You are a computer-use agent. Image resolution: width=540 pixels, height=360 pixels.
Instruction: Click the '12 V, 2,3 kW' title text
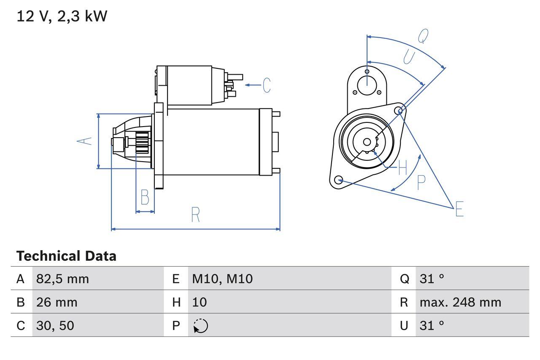click(x=62, y=16)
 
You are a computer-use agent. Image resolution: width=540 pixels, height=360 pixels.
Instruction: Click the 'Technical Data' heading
click(x=66, y=256)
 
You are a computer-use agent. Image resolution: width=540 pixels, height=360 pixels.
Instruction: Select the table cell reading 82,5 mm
click(x=62, y=279)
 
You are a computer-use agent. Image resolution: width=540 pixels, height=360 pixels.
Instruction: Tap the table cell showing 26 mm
click(x=57, y=302)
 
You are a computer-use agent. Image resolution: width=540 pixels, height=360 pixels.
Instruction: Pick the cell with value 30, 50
click(x=55, y=325)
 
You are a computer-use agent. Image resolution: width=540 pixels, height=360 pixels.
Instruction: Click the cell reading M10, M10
click(x=222, y=279)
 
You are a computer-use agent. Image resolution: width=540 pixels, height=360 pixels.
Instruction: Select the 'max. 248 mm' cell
click(x=460, y=302)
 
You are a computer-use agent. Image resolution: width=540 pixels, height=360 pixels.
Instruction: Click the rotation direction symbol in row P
click(x=201, y=326)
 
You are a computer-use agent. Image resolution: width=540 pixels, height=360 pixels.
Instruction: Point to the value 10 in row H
click(x=200, y=302)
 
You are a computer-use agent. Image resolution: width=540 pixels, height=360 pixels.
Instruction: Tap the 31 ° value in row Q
click(x=432, y=279)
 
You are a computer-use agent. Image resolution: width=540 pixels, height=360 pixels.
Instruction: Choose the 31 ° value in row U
click(x=432, y=325)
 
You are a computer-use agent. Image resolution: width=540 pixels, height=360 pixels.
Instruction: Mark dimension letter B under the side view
click(x=145, y=197)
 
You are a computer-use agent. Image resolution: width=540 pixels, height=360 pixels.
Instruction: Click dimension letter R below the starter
click(x=195, y=215)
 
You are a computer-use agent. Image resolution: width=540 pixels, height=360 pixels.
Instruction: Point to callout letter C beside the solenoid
click(x=267, y=85)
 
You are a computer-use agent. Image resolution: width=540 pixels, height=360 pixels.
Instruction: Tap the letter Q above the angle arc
click(x=423, y=37)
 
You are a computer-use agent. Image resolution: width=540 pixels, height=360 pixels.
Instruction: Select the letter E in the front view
click(x=459, y=209)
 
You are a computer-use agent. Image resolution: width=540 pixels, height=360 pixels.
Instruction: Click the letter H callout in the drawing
click(x=402, y=168)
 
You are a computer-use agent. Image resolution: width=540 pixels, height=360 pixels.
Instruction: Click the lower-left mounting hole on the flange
click(x=338, y=180)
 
